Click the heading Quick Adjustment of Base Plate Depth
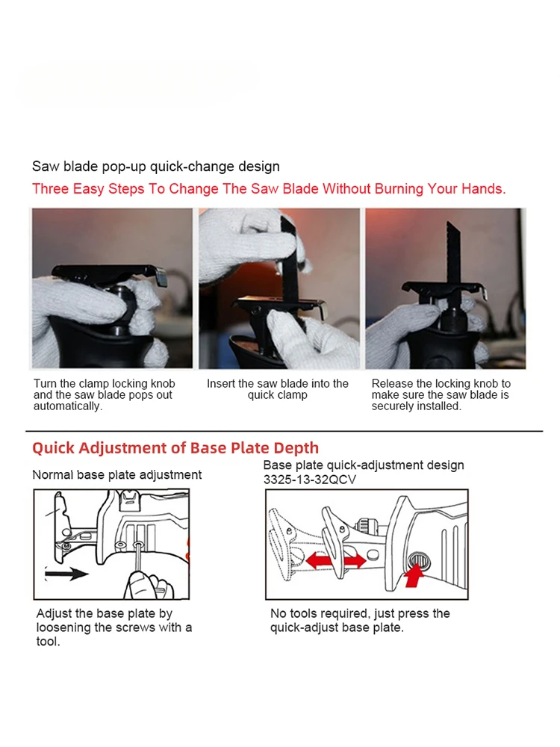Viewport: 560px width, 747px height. [175, 448]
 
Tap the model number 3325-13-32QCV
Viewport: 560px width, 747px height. [310, 480]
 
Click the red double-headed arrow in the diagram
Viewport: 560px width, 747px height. [336, 560]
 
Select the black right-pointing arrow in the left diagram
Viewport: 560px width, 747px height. [66, 574]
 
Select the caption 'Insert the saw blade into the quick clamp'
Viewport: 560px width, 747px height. [278, 389]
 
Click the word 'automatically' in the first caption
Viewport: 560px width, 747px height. [66, 406]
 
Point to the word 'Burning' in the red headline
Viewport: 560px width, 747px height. [399, 189]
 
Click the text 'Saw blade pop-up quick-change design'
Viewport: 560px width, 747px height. [156, 167]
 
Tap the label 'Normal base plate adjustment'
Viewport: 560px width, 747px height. [117, 475]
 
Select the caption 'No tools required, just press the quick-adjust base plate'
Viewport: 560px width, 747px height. [360, 620]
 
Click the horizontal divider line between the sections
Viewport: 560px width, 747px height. [284, 431]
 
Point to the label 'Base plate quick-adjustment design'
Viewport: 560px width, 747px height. [364, 465]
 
